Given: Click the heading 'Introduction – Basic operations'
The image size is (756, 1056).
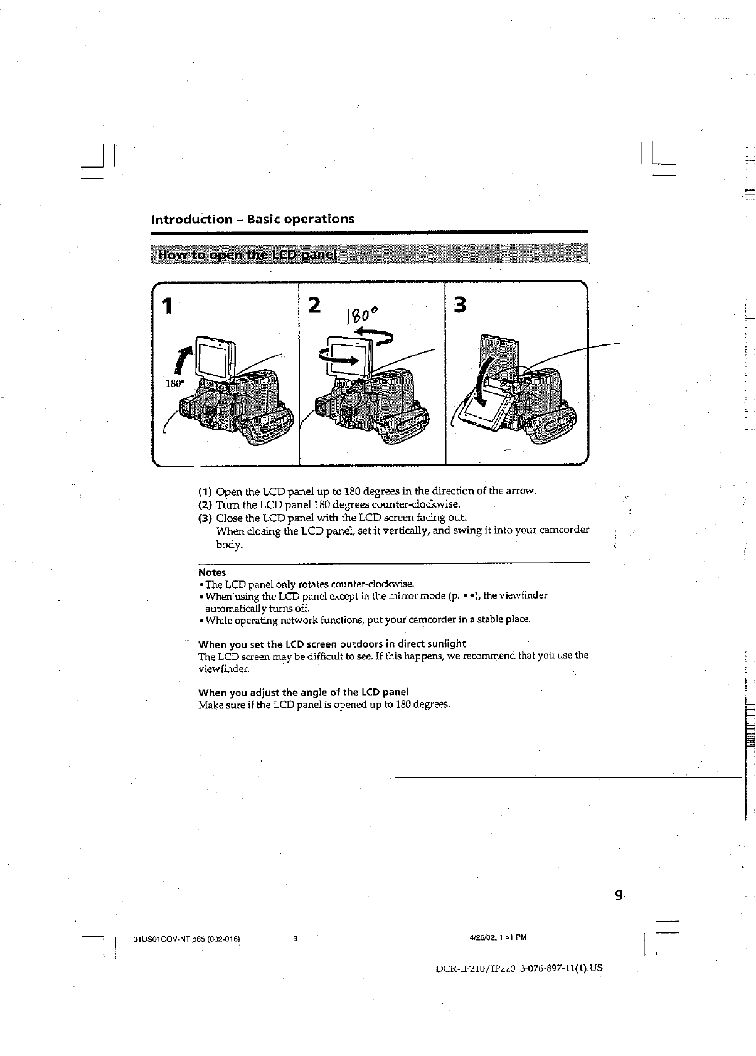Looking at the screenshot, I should point(252,219).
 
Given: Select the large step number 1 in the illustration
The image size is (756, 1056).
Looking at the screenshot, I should point(166,307).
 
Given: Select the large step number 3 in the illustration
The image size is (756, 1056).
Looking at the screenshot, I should point(460,306).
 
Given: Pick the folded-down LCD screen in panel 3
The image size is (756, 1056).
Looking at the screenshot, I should point(486,413).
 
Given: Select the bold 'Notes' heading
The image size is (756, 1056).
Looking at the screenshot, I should point(211,572).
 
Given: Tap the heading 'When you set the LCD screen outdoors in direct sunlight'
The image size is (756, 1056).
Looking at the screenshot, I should point(332,644).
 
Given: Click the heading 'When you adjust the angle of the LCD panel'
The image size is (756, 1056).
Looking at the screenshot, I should point(304,692).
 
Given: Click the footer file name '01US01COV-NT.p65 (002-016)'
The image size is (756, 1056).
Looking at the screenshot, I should point(186,939).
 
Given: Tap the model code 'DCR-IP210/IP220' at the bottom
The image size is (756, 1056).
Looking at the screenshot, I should point(475,968).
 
